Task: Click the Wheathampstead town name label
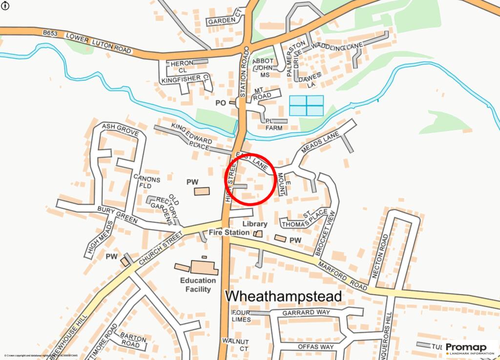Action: pyautogui.click(x=283, y=296)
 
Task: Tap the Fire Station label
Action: pyautogui.click(x=229, y=233)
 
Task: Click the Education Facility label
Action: pyautogui.click(x=198, y=285)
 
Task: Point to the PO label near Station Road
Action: pyautogui.click(x=221, y=103)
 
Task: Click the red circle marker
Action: pyautogui.click(x=250, y=179)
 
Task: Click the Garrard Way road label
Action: pyautogui.click(x=306, y=313)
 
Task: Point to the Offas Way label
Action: pyautogui.click(x=315, y=347)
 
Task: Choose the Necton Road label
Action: pyautogui.click(x=379, y=256)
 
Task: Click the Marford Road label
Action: pyautogui.click(x=342, y=275)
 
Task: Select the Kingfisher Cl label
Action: pyautogui.click(x=185, y=78)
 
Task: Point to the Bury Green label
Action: pyautogui.click(x=117, y=215)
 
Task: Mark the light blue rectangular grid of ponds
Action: pyautogui.click(x=306, y=106)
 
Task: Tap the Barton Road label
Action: pyautogui.click(x=133, y=341)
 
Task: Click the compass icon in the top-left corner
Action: pyautogui.click(x=6, y=6)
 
